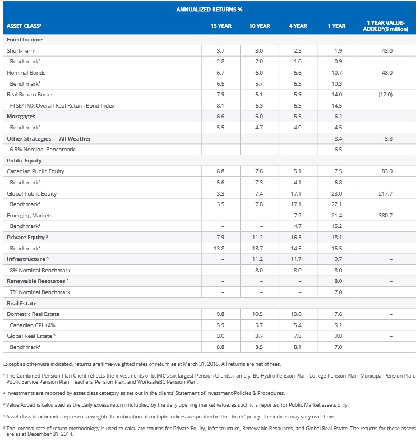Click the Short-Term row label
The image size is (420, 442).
click(21, 50)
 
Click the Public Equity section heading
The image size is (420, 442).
click(24, 160)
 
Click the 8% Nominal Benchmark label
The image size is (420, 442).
click(40, 270)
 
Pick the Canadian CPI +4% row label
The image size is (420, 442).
click(33, 325)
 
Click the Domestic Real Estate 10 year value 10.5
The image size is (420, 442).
click(259, 314)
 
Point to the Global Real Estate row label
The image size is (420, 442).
click(30, 336)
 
